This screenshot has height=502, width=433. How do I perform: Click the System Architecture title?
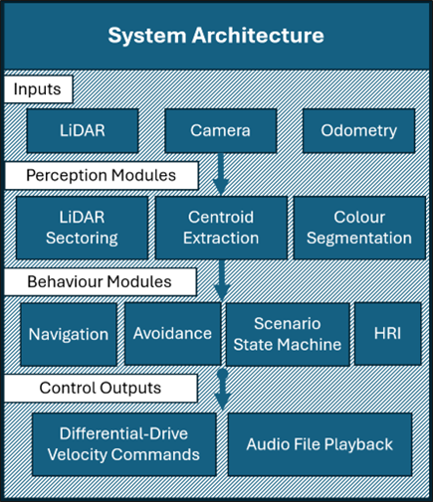(x=216, y=36)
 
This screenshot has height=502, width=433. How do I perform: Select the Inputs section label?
(x=37, y=89)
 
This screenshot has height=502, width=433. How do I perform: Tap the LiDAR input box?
(x=82, y=131)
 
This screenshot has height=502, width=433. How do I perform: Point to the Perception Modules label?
(x=101, y=175)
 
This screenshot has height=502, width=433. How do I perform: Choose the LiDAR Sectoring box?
(x=82, y=227)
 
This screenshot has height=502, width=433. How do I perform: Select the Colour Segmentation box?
(x=358, y=227)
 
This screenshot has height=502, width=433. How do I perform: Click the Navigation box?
(x=69, y=334)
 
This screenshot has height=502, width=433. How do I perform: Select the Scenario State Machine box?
(x=289, y=334)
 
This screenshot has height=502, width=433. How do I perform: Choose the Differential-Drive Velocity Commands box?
(x=122, y=443)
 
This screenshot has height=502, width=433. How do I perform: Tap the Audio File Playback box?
(x=320, y=443)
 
